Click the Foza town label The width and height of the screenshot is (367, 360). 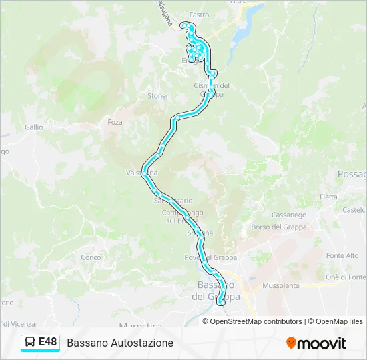(115, 123)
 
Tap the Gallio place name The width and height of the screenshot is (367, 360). (33, 127)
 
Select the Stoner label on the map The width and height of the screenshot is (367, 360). (158, 96)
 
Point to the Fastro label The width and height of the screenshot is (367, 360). (199, 15)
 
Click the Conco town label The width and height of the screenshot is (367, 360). (91, 257)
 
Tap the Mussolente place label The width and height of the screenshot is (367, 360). (281, 285)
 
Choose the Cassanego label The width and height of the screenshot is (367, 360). (288, 215)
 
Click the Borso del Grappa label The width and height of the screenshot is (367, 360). (278, 227)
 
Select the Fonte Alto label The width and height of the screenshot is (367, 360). (342, 256)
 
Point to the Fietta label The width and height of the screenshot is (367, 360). (328, 197)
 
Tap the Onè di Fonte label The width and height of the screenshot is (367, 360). (345, 277)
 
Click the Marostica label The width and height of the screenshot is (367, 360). (140, 325)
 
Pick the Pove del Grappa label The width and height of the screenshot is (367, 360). (210, 257)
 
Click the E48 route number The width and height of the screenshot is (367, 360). (47, 342)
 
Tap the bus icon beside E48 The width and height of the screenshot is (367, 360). (29, 343)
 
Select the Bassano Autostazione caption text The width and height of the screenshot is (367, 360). (120, 343)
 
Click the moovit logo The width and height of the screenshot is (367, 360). (316, 343)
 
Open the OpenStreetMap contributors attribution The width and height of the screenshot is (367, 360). (256, 321)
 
